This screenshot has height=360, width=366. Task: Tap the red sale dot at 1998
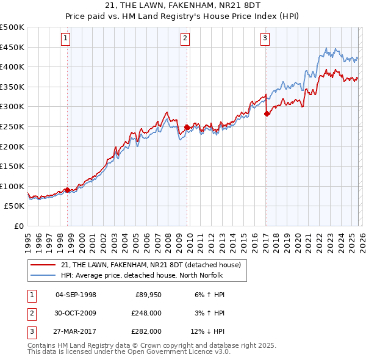coord(67,190)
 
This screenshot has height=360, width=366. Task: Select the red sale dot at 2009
coord(187,127)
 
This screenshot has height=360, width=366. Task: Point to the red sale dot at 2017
coord(267,113)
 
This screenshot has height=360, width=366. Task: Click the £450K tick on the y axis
coord(12,47)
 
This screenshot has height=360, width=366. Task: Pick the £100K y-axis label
coord(12,186)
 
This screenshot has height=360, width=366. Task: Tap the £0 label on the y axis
coord(18,226)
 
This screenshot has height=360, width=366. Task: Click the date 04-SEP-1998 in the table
coord(76,295)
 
